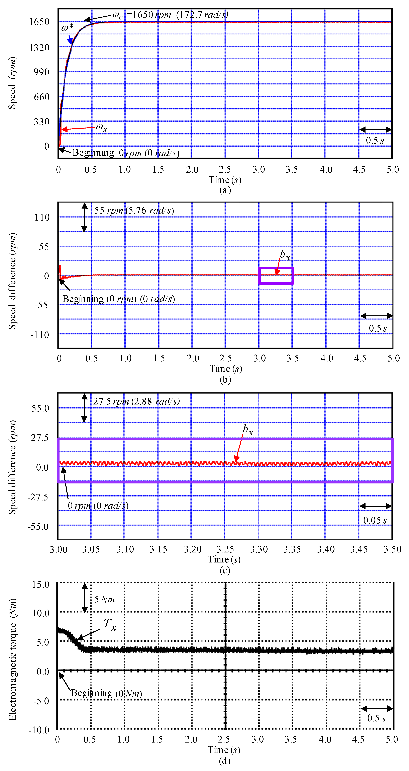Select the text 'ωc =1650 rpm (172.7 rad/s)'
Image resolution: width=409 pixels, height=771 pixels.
point(170,15)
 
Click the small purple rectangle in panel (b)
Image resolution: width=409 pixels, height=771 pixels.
point(276,275)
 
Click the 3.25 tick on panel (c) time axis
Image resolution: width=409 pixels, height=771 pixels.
point(225,549)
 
